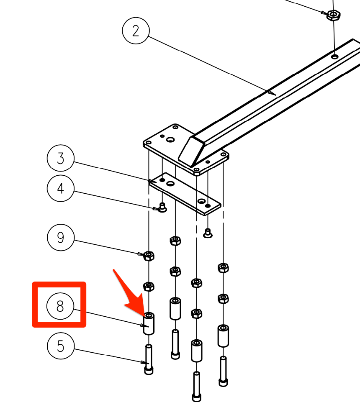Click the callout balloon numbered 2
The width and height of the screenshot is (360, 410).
click(136, 31)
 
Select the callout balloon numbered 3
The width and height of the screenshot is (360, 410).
click(61, 158)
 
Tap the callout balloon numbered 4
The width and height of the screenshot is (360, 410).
click(61, 188)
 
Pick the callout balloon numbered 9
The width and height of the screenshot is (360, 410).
click(61, 238)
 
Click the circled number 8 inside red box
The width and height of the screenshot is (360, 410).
click(60, 306)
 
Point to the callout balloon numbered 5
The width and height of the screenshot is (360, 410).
click(61, 346)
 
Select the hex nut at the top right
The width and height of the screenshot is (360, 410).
click(333, 15)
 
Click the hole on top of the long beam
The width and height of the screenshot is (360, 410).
click(334, 56)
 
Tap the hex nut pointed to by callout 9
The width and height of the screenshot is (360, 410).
click(149, 256)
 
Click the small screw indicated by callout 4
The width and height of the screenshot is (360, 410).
click(162, 208)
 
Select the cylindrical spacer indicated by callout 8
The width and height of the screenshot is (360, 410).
click(149, 323)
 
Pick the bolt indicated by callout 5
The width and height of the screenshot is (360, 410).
click(149, 359)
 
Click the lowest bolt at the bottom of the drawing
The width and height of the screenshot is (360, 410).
click(197, 387)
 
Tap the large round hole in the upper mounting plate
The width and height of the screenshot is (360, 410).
click(170, 140)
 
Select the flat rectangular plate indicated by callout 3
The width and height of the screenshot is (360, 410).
click(185, 194)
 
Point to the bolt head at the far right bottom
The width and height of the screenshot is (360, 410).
click(223, 382)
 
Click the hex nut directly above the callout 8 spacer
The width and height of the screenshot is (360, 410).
click(149, 286)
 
